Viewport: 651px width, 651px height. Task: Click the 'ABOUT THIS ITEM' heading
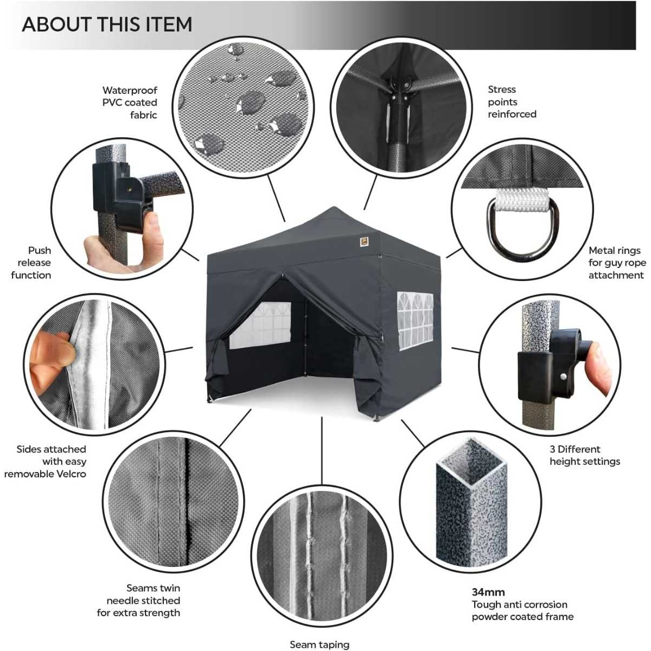[107, 24]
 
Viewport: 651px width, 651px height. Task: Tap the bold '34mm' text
[488, 592]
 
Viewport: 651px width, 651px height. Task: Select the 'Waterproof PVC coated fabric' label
[130, 103]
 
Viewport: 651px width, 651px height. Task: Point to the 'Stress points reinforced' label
[512, 101]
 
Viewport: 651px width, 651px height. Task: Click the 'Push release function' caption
[31, 263]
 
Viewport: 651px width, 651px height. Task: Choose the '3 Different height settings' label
[585, 455]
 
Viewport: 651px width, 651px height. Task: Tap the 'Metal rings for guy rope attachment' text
[617, 263]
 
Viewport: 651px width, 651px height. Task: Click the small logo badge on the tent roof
[364, 242]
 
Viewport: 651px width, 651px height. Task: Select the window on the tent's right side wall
[415, 321]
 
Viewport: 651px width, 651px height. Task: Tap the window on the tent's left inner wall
[260, 325]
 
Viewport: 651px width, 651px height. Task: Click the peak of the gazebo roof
[334, 207]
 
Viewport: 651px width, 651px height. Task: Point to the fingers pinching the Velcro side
[50, 355]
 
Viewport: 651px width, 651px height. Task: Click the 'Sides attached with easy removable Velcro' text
[45, 461]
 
